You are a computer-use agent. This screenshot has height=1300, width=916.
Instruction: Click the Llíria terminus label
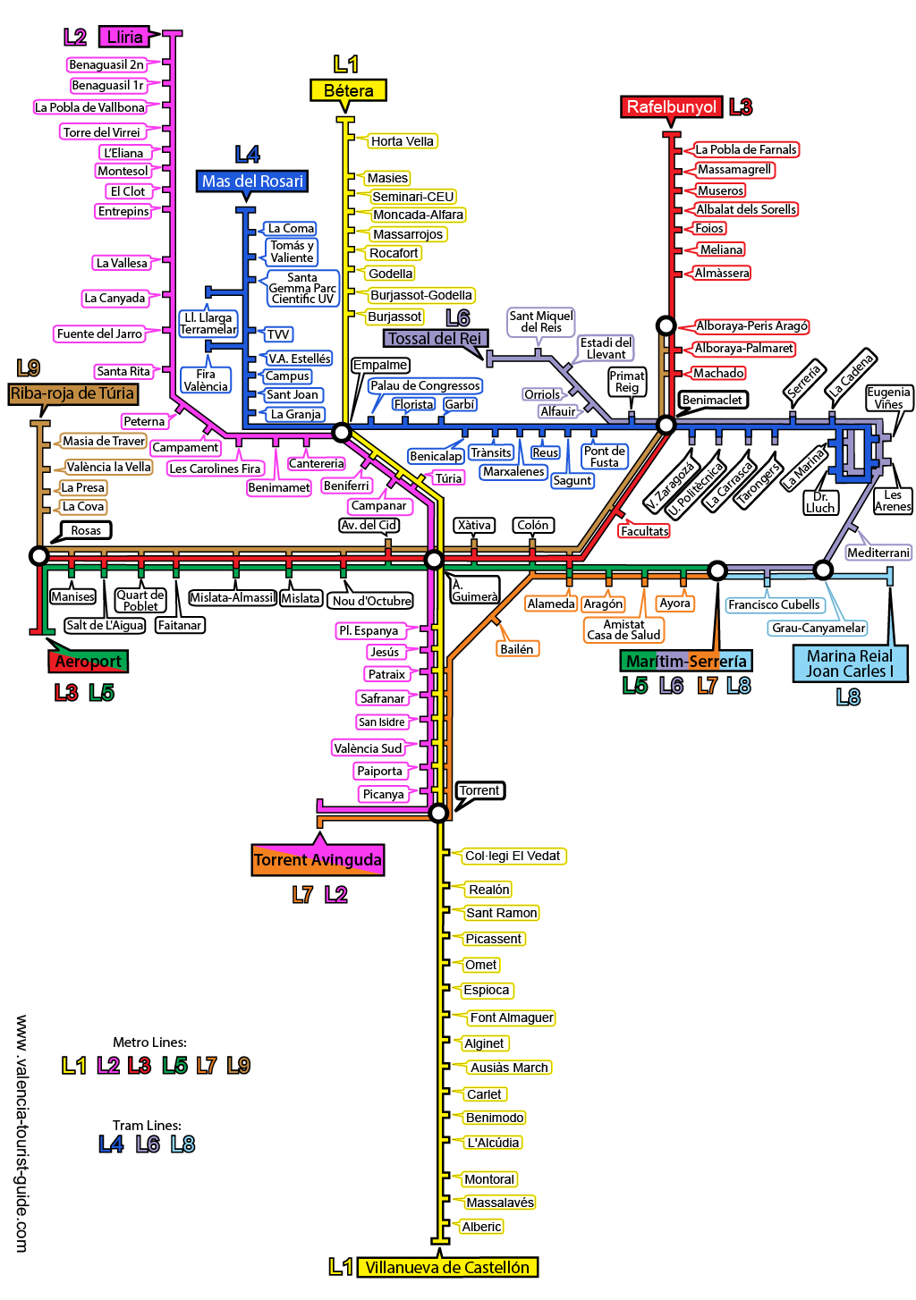[x=124, y=37]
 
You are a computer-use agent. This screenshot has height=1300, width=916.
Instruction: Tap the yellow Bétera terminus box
[x=348, y=90]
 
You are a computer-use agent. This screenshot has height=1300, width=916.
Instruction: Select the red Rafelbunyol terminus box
[x=671, y=107]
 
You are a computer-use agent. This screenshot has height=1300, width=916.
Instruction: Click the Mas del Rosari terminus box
[x=252, y=181]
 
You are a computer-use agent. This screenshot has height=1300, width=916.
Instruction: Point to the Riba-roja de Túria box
[x=72, y=393]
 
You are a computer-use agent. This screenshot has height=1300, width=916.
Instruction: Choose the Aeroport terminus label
[x=88, y=662]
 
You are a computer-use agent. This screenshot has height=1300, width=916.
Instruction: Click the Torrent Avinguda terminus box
[x=318, y=860]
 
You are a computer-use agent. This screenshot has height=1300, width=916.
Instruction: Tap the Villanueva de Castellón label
[x=447, y=1267]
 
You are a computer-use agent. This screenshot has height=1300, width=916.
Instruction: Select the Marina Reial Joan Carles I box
[x=850, y=663]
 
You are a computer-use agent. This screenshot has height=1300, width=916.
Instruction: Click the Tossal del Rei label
[x=435, y=339]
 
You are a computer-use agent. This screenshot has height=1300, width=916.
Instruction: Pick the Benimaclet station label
[x=712, y=400]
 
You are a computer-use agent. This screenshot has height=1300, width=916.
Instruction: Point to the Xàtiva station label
[x=474, y=525]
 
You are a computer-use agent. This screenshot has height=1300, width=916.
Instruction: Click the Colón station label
[x=533, y=525]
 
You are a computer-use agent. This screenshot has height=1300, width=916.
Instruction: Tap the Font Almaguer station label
[x=512, y=1017]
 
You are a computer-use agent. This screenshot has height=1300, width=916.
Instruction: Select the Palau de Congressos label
[x=425, y=385]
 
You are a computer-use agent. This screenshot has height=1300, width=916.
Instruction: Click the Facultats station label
[x=644, y=531]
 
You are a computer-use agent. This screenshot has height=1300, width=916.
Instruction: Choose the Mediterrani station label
[x=878, y=553]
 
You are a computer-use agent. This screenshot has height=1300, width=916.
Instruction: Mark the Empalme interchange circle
[x=341, y=433]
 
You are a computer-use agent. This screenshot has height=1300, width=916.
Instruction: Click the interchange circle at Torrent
[x=438, y=813]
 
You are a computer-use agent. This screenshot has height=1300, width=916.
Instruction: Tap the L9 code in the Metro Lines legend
[x=238, y=1066]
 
